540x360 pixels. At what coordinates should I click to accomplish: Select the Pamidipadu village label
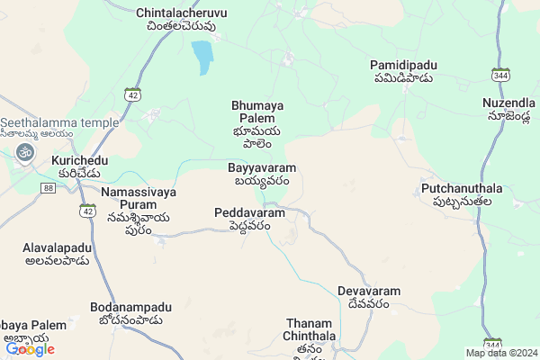click(x=401, y=71)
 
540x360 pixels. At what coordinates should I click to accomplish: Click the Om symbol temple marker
click(x=23, y=153)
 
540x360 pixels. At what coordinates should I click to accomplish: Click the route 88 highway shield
click(x=48, y=186)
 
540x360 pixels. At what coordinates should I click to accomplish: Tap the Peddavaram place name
click(x=249, y=219)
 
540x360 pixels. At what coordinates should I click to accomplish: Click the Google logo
click(x=30, y=349)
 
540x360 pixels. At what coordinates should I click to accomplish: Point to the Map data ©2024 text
click(x=501, y=353)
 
